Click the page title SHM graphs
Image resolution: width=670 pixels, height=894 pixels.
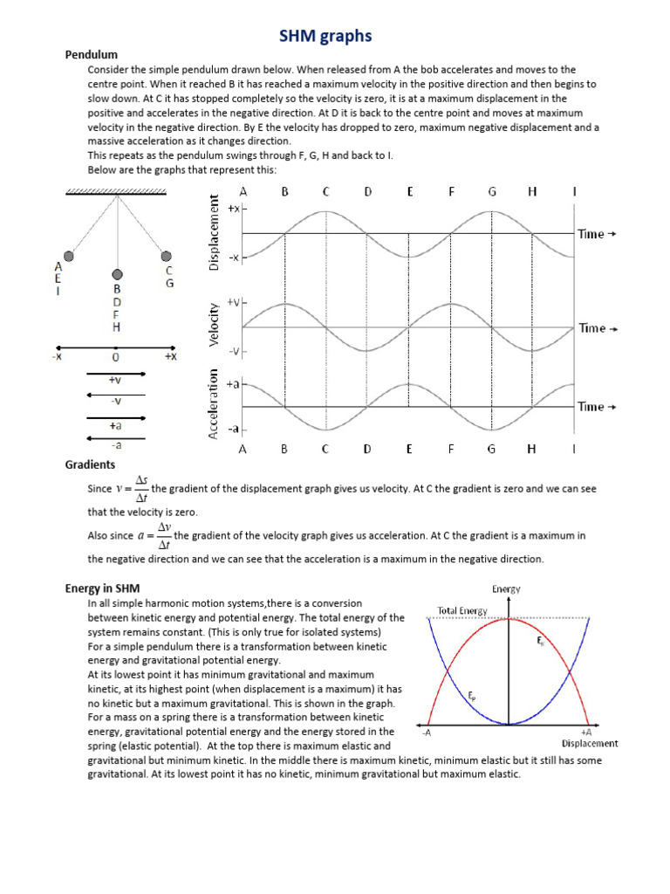(325, 36)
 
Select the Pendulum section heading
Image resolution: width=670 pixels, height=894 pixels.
(92, 55)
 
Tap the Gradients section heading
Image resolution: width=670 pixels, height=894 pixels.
(90, 464)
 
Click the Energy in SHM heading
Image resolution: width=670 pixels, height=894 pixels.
(102, 588)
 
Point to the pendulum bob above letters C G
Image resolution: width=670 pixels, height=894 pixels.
(166, 256)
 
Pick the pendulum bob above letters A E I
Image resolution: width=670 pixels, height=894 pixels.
(69, 256)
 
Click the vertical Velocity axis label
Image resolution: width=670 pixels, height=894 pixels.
(213, 327)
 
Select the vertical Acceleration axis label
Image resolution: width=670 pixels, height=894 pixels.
(213, 403)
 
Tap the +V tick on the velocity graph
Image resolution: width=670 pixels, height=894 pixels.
(233, 302)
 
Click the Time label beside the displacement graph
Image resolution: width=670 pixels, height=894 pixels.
(597, 234)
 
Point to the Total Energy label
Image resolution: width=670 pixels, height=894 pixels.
(462, 610)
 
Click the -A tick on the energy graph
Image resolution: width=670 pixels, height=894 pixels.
(427, 732)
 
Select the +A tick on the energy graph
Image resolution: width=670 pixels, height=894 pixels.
(585, 732)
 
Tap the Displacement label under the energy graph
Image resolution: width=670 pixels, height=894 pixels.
(590, 744)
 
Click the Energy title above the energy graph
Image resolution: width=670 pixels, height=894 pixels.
(506, 589)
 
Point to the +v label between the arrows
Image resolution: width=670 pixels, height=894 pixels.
(115, 380)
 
